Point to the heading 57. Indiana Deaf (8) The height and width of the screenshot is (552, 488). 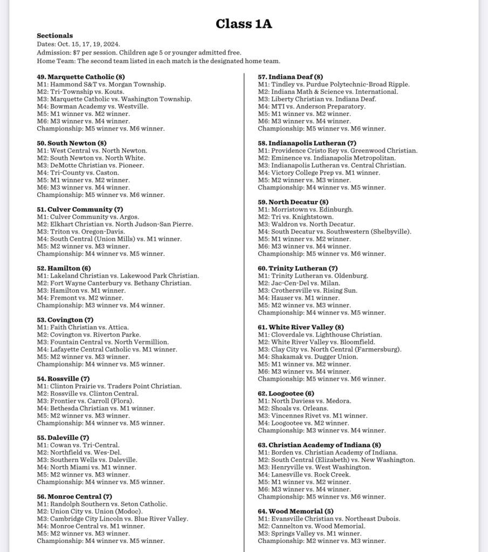290,77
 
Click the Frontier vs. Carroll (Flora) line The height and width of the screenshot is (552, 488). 92,401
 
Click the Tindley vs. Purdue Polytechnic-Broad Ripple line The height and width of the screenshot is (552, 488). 333,84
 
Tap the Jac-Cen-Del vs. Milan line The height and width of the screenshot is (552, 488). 299,283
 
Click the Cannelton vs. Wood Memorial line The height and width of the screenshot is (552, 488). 311,526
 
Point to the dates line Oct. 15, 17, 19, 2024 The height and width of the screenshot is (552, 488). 78,44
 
